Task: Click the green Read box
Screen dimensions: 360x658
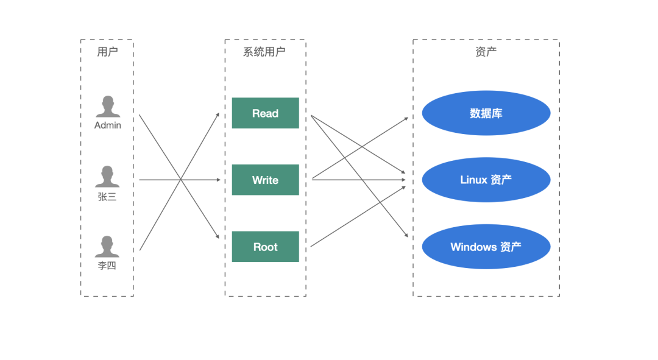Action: tap(265, 113)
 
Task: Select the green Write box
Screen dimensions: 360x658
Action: tap(265, 180)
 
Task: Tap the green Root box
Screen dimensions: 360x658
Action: tap(265, 247)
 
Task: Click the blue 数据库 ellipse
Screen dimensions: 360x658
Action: tap(486, 113)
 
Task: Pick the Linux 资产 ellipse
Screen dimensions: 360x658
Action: tap(486, 180)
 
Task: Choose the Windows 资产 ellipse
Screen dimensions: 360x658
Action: tap(486, 247)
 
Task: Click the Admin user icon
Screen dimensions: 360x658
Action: tap(107, 107)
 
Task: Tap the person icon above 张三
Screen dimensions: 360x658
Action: tap(107, 177)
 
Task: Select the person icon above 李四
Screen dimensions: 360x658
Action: tap(107, 246)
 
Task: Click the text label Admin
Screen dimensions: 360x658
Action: tap(107, 125)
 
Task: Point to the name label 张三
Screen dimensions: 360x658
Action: tap(107, 197)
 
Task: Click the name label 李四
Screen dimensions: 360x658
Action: tap(107, 266)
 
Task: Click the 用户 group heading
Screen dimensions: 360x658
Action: tap(107, 52)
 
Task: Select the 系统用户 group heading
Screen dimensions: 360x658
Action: tap(264, 52)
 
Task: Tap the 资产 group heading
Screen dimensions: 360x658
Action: tap(486, 52)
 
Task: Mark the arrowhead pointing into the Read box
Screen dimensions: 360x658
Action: tap(217, 115)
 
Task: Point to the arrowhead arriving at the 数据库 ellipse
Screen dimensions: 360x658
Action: tap(405, 119)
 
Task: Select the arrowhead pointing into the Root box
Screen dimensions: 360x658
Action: tap(217, 236)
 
